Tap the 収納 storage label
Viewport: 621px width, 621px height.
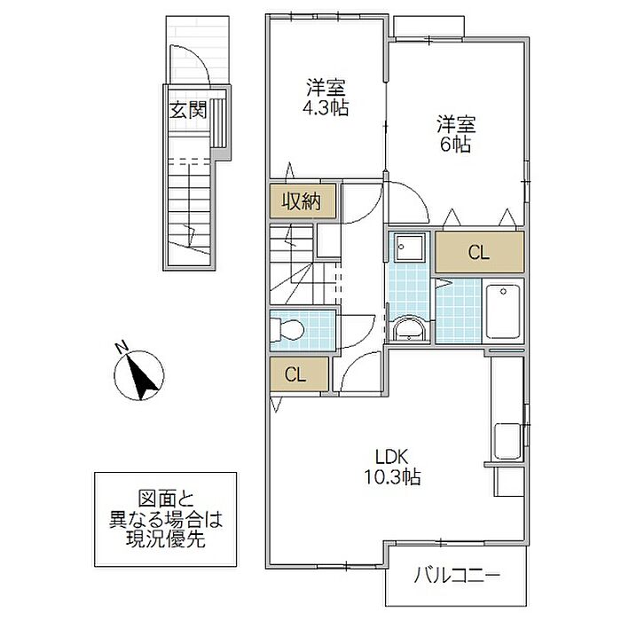pos(301,201)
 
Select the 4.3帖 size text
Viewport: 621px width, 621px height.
pos(326,107)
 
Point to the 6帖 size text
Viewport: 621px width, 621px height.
pos(456,144)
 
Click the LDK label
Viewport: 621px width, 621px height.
pos(392,457)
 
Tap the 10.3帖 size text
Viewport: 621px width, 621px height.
pos(392,476)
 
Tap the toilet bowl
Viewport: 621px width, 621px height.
pos(287,329)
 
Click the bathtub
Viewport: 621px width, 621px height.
pos(503,310)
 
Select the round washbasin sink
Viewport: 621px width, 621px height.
pos(408,328)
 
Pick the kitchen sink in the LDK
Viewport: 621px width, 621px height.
pos(507,441)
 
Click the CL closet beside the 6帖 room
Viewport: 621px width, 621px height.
pos(479,252)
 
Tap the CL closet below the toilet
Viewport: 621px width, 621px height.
pos(299,373)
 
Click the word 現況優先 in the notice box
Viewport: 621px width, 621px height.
pos(166,538)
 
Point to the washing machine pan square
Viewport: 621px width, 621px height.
pos(409,247)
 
